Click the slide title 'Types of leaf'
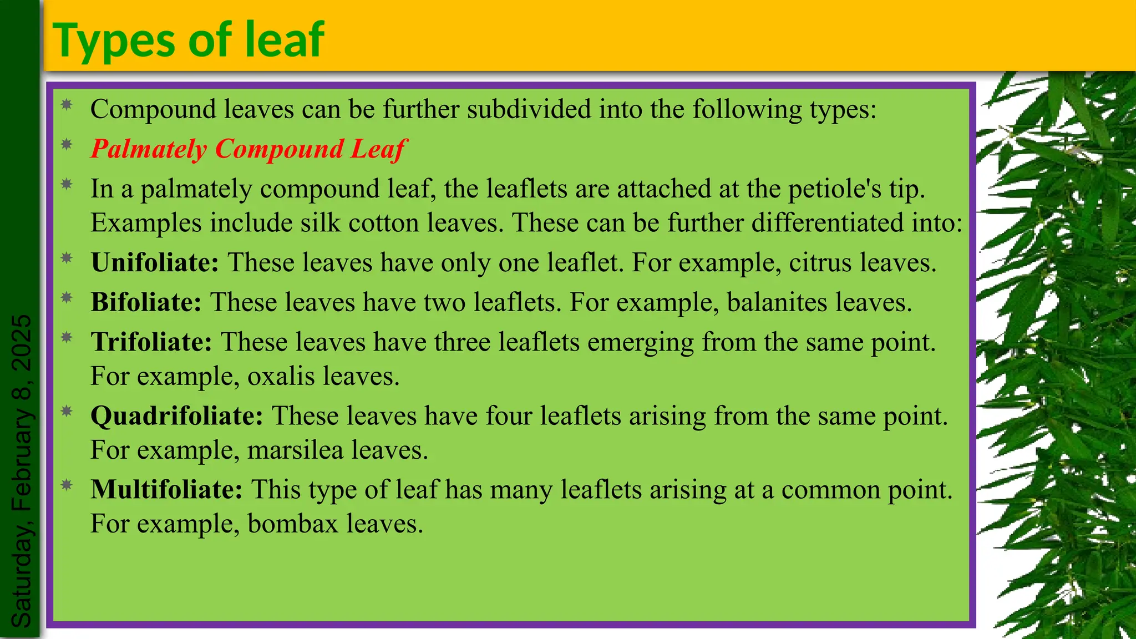(x=188, y=40)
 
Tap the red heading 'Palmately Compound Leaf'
(x=248, y=149)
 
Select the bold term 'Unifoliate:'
(x=155, y=262)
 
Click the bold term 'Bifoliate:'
(x=146, y=302)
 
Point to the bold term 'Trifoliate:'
(x=151, y=342)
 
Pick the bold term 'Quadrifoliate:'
(x=176, y=415)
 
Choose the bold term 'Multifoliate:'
(x=166, y=489)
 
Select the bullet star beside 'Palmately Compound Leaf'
(x=67, y=145)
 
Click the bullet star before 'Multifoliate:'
(x=67, y=485)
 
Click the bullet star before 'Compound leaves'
(x=67, y=104)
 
